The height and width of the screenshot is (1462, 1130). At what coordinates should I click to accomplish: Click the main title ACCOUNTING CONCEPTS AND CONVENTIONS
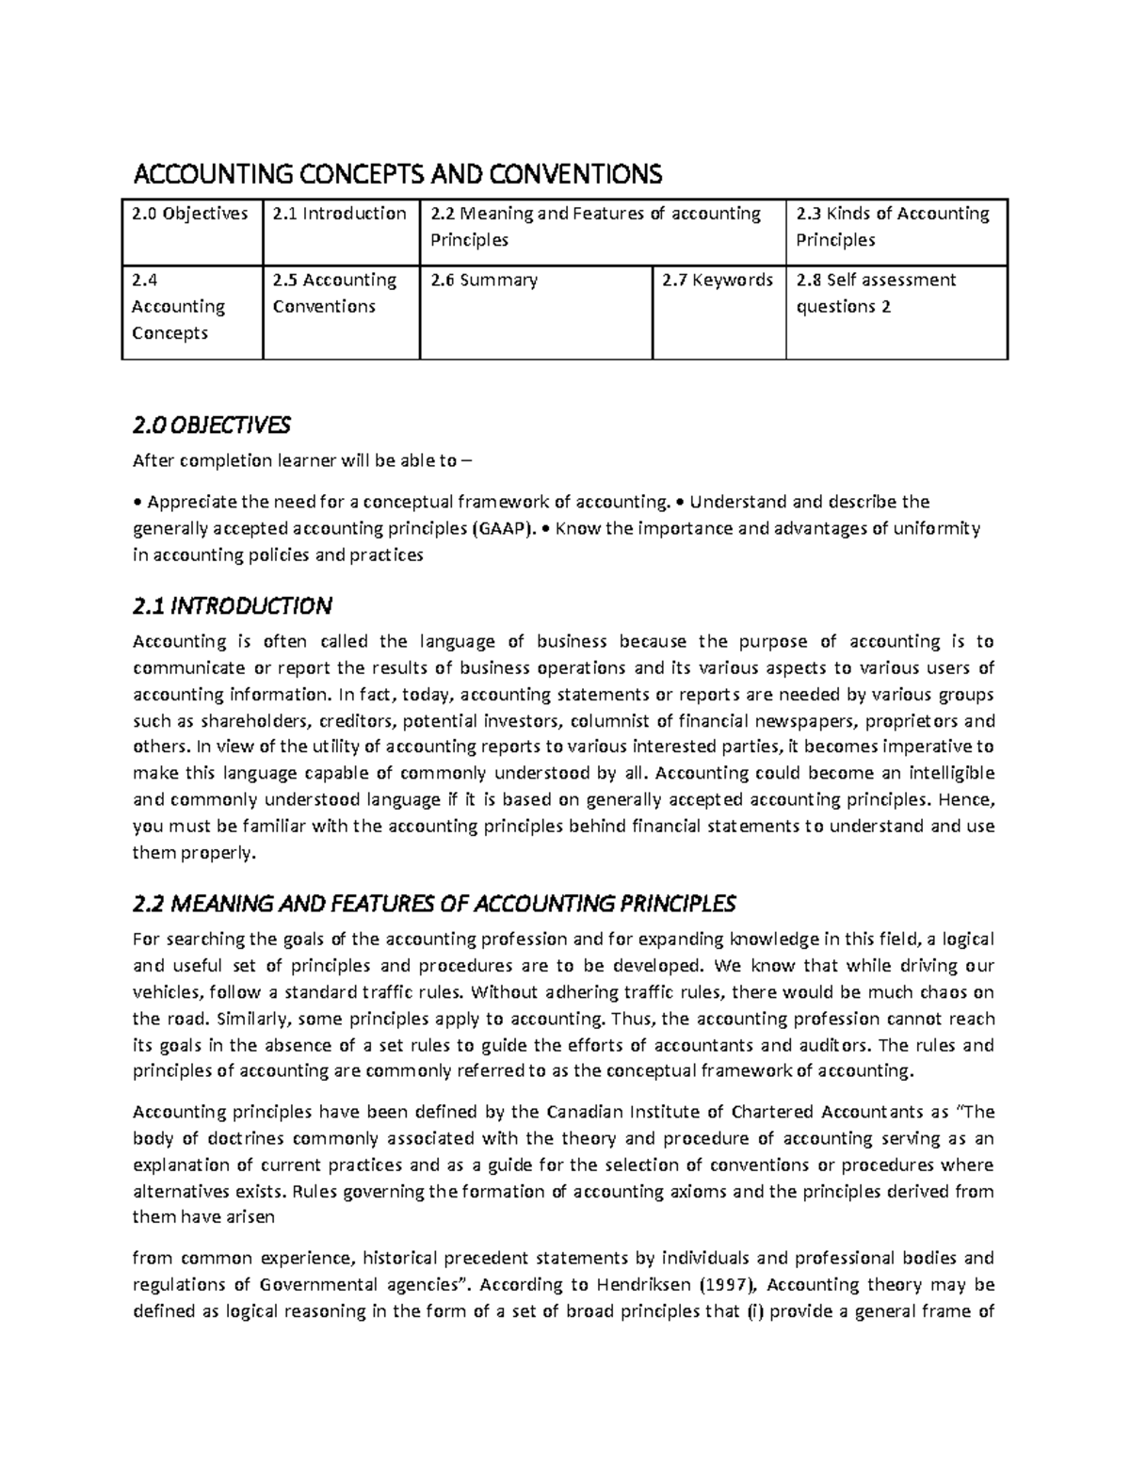398,174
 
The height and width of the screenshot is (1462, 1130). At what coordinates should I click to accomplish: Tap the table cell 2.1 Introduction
339,214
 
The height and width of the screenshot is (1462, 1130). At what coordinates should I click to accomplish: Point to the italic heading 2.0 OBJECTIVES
212,426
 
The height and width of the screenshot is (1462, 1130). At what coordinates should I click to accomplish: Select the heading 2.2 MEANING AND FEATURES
434,905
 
